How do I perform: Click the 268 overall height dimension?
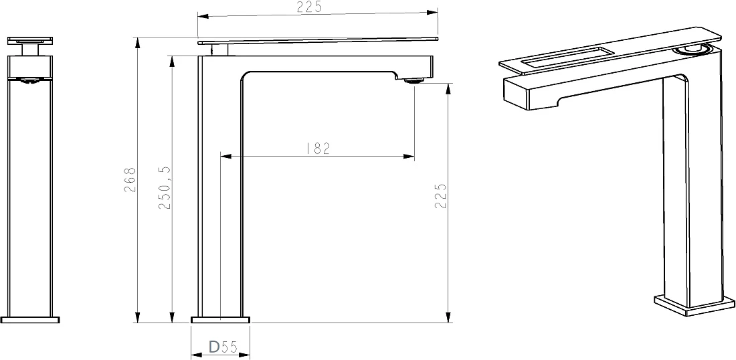click(x=130, y=180)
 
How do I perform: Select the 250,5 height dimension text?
click(x=165, y=187)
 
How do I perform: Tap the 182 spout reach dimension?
click(x=318, y=149)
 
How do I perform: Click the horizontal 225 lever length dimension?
click(x=309, y=7)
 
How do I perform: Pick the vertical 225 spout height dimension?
click(x=440, y=195)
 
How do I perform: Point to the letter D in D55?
click(x=214, y=347)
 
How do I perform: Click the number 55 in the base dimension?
click(x=229, y=347)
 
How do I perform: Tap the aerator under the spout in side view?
click(x=413, y=81)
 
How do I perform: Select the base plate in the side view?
click(x=220, y=320)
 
